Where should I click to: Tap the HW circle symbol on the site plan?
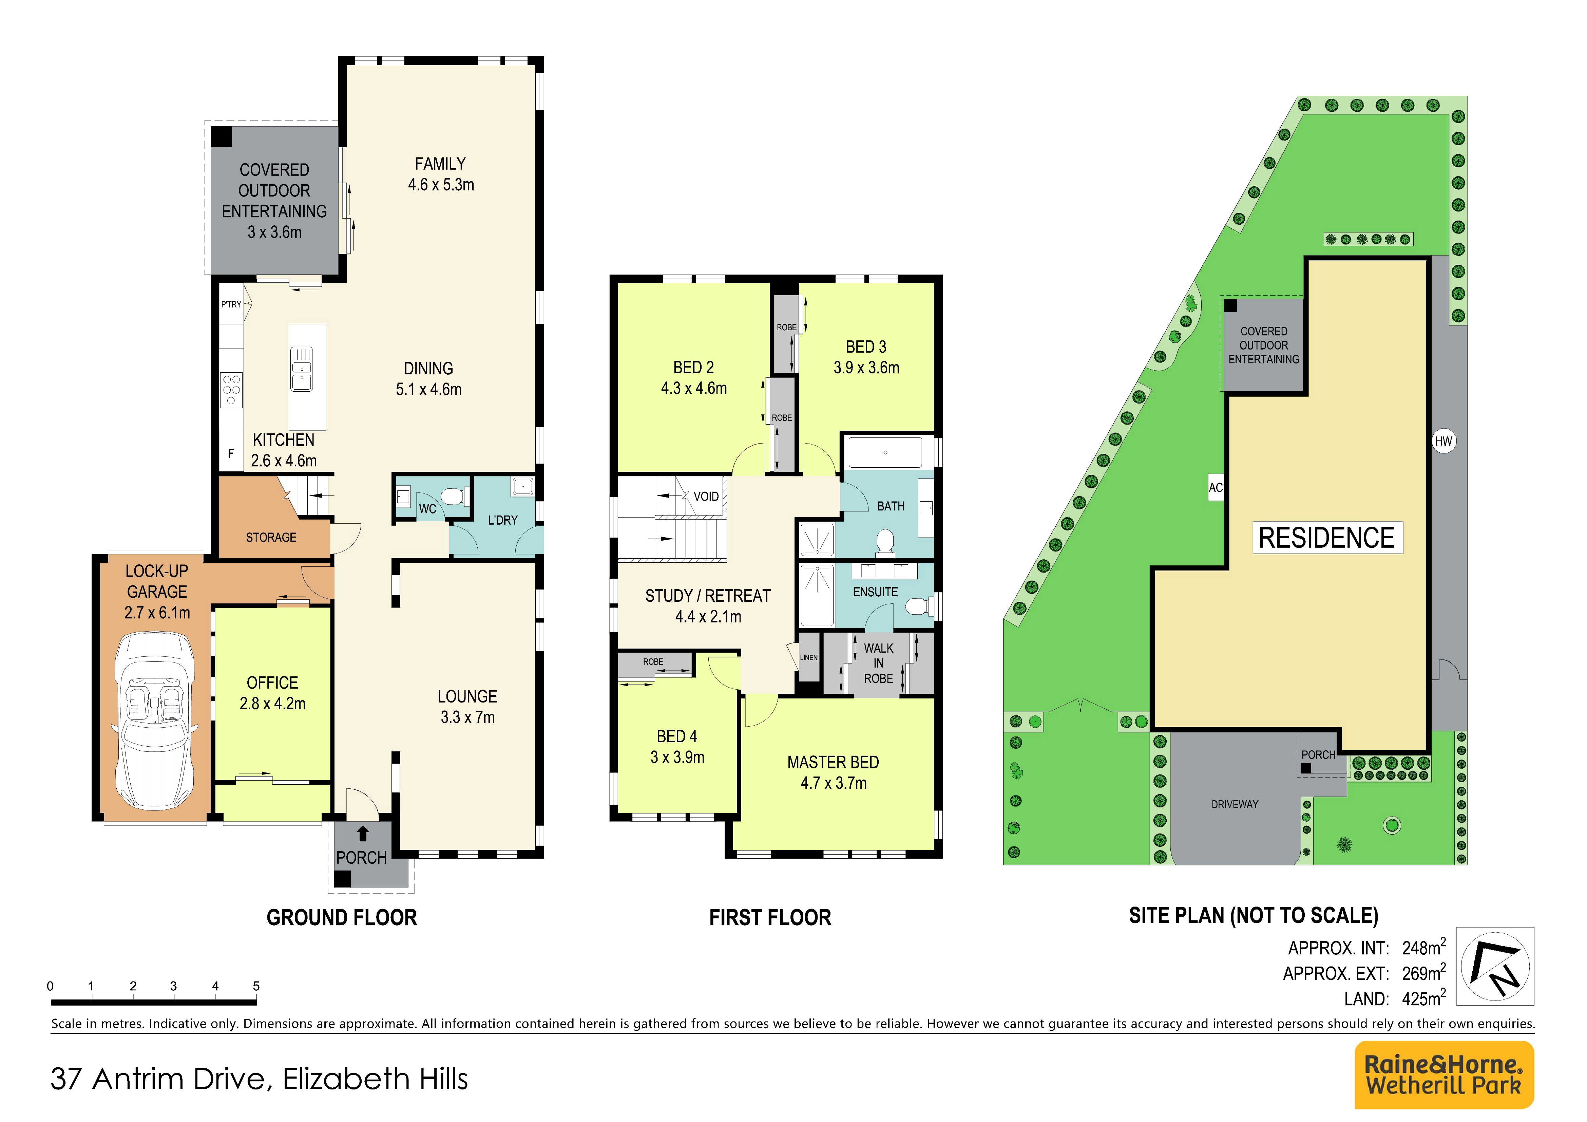[x=1443, y=441]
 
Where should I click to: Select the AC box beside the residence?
[x=1215, y=487]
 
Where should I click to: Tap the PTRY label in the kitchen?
[x=231, y=304]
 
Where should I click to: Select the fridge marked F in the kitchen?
[x=231, y=453]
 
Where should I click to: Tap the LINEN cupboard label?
[x=809, y=657]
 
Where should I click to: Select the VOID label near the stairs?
[x=706, y=497]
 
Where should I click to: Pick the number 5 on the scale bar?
[x=256, y=986]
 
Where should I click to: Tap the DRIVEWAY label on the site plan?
[x=1235, y=804]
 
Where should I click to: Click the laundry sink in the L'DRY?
[x=522, y=487]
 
